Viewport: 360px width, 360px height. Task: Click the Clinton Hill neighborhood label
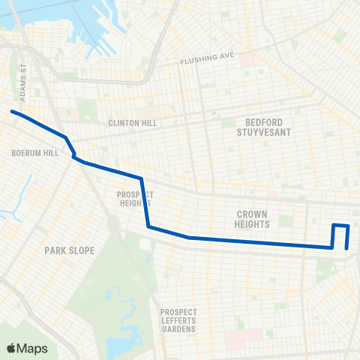(130, 123)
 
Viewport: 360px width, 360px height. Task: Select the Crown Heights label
(251, 218)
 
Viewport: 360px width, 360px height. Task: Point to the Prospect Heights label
(135, 198)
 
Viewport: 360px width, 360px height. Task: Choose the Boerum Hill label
(30, 152)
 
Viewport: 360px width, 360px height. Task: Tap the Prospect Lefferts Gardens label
(178, 320)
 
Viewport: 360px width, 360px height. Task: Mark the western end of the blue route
(11, 112)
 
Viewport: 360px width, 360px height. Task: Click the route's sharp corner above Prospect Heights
(141, 178)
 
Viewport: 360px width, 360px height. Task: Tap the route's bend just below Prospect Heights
(148, 226)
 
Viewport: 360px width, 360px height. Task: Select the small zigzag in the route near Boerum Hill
(73, 155)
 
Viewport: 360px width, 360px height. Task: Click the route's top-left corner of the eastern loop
(334, 224)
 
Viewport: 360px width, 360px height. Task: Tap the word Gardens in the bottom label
(178, 328)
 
